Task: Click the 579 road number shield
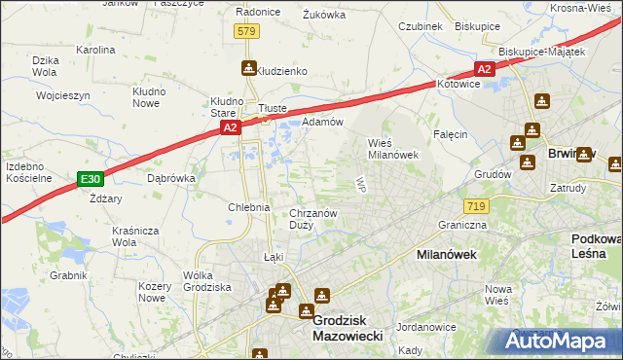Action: click(246, 32)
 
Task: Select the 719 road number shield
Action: click(476, 206)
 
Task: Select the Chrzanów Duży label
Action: click(313, 219)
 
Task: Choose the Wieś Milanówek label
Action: click(392, 147)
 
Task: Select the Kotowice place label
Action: click(459, 85)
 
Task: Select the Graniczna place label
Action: click(460, 224)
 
